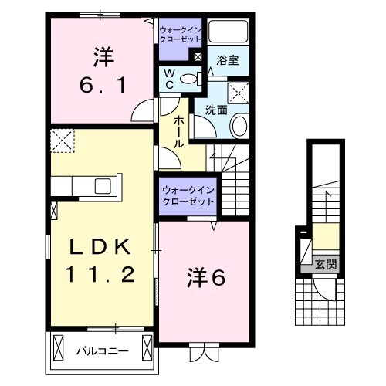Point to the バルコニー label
pyautogui.click(x=102, y=352)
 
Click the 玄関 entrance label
pyautogui.click(x=324, y=264)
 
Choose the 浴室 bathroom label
pyautogui.click(x=226, y=59)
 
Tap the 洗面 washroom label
pyautogui.click(x=216, y=110)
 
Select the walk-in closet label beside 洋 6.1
pyautogui.click(x=179, y=34)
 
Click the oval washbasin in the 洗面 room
pyautogui.click(x=239, y=125)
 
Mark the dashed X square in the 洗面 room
pyautogui.click(x=239, y=93)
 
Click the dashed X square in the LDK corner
pyautogui.click(x=60, y=142)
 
